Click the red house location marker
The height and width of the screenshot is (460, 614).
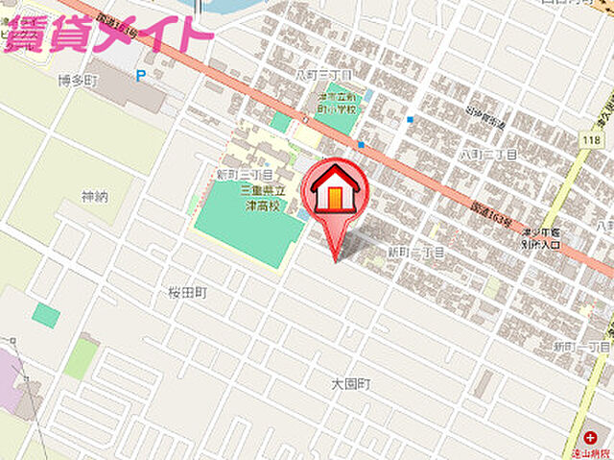click(333, 190)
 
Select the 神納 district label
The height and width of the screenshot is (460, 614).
click(95, 197)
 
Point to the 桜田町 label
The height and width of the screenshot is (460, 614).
click(188, 292)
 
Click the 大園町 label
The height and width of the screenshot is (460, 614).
click(351, 383)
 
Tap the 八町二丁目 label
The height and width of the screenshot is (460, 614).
click(487, 154)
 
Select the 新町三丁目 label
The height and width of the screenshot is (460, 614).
click(243, 175)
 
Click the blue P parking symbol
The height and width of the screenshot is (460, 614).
click(141, 75)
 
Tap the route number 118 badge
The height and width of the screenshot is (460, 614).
click(590, 140)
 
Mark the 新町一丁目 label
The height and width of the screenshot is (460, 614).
click(582, 346)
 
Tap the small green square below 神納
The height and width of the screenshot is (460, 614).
click(45, 314)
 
